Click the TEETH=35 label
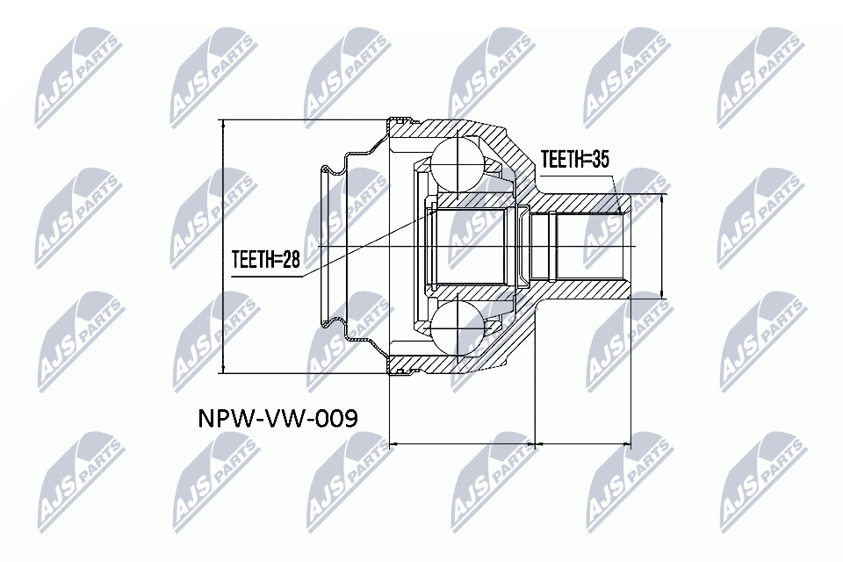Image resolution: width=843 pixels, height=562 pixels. click(x=574, y=159)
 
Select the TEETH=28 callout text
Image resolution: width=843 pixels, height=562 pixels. click(x=265, y=260)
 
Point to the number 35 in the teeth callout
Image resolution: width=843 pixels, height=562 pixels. click(x=599, y=159)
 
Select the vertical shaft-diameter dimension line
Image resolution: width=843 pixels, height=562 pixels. click(x=661, y=247)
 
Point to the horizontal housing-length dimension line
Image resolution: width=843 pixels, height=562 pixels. click(x=461, y=444)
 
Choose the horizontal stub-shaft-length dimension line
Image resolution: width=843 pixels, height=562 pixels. click(x=583, y=444)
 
